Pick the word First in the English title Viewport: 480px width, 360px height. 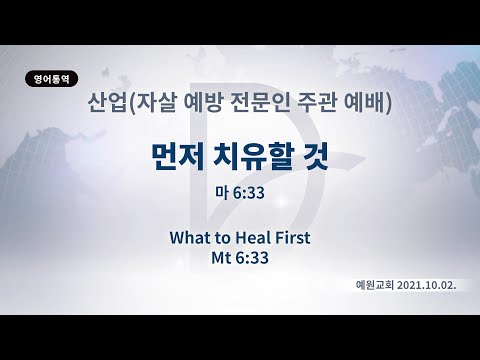coord(293,238)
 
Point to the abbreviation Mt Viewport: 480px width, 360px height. coord(221,257)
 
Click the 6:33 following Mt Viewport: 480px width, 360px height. coord(253,257)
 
